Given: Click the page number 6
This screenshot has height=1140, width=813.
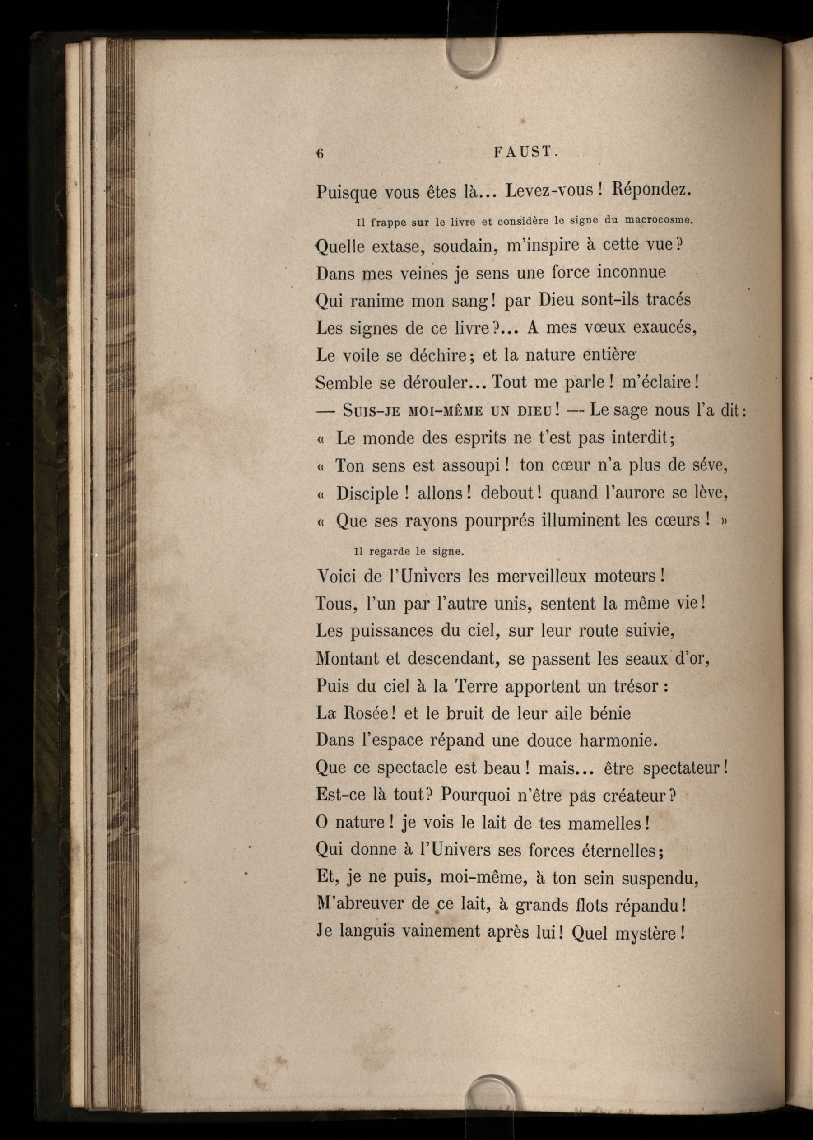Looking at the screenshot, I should pyautogui.click(x=320, y=154).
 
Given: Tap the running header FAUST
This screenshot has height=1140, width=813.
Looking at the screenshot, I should pyautogui.click(x=525, y=152).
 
